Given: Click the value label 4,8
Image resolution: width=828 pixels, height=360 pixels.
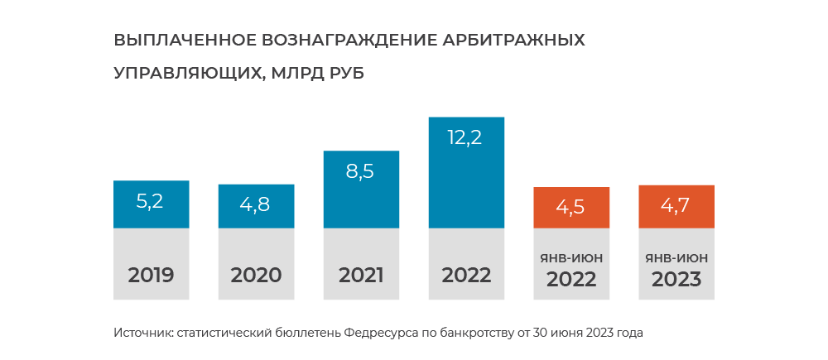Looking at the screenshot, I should pyautogui.click(x=256, y=204).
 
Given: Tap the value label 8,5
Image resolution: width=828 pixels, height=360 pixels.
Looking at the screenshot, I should pyautogui.click(x=361, y=172).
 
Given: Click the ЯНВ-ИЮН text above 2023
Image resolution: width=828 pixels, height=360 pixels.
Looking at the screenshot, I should pyautogui.click(x=676, y=258).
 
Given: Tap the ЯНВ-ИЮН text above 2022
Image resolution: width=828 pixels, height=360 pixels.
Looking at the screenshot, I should pyautogui.click(x=571, y=258).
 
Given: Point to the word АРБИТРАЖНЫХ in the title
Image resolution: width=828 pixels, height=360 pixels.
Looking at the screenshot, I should pyautogui.click(x=513, y=40).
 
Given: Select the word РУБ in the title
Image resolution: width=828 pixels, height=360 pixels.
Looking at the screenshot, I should pyautogui.click(x=341, y=73).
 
